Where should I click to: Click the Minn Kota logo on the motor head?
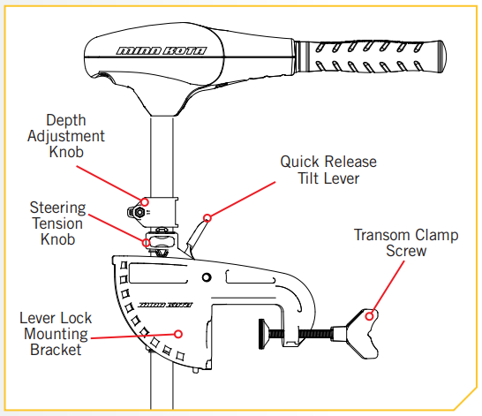[162, 50]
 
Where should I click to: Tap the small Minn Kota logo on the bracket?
[165, 305]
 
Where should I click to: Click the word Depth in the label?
[66, 120]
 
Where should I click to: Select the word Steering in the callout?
[57, 208]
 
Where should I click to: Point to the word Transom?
[382, 235]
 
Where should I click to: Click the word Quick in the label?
[300, 162]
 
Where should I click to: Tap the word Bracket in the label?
[56, 350]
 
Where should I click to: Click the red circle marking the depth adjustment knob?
[145, 202]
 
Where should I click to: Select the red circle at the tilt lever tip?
[207, 218]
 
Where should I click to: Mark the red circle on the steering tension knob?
[147, 243]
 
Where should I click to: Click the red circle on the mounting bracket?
[178, 334]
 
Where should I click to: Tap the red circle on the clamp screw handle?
[369, 316]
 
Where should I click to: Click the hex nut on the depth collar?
[139, 212]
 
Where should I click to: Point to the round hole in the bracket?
[207, 277]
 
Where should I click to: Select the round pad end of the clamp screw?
[262, 334]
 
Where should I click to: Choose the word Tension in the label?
[57, 223]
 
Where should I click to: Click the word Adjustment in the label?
[66, 137]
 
